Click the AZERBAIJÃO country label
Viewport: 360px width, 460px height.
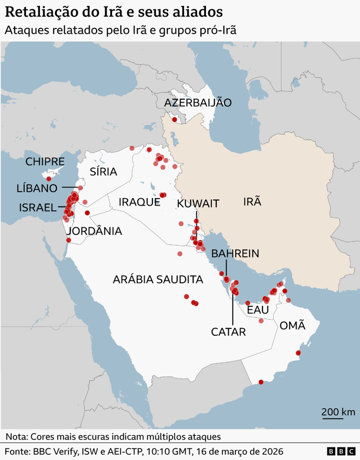(198, 103)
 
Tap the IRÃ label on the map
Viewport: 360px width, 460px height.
(252, 201)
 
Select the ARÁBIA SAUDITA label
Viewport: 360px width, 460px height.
(158, 280)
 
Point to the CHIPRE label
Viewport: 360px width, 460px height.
(45, 162)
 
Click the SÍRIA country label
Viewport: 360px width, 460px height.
(103, 172)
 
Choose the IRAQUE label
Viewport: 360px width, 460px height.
(140, 202)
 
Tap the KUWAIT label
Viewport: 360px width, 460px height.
(198, 203)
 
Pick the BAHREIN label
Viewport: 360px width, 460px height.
(235, 253)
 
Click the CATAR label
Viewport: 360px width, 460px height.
(228, 332)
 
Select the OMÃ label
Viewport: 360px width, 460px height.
(293, 325)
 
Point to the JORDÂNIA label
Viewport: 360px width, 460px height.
(94, 231)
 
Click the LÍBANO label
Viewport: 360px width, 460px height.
(37, 188)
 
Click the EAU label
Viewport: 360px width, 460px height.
(258, 310)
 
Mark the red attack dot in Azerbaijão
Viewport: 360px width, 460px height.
(174, 120)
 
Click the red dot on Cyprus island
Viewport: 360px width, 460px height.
(49, 179)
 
